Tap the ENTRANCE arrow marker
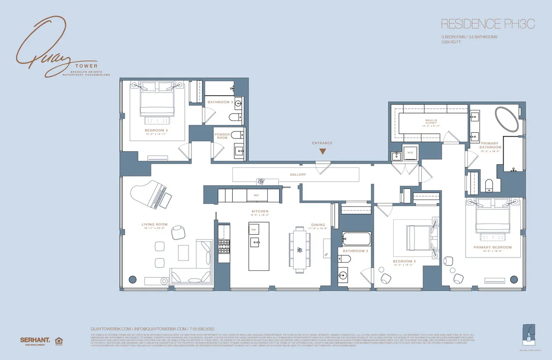323,151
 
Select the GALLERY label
298,175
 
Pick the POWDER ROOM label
222,136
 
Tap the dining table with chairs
299,250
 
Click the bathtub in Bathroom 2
356,239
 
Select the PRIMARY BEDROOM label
492,247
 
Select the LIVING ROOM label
154,225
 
